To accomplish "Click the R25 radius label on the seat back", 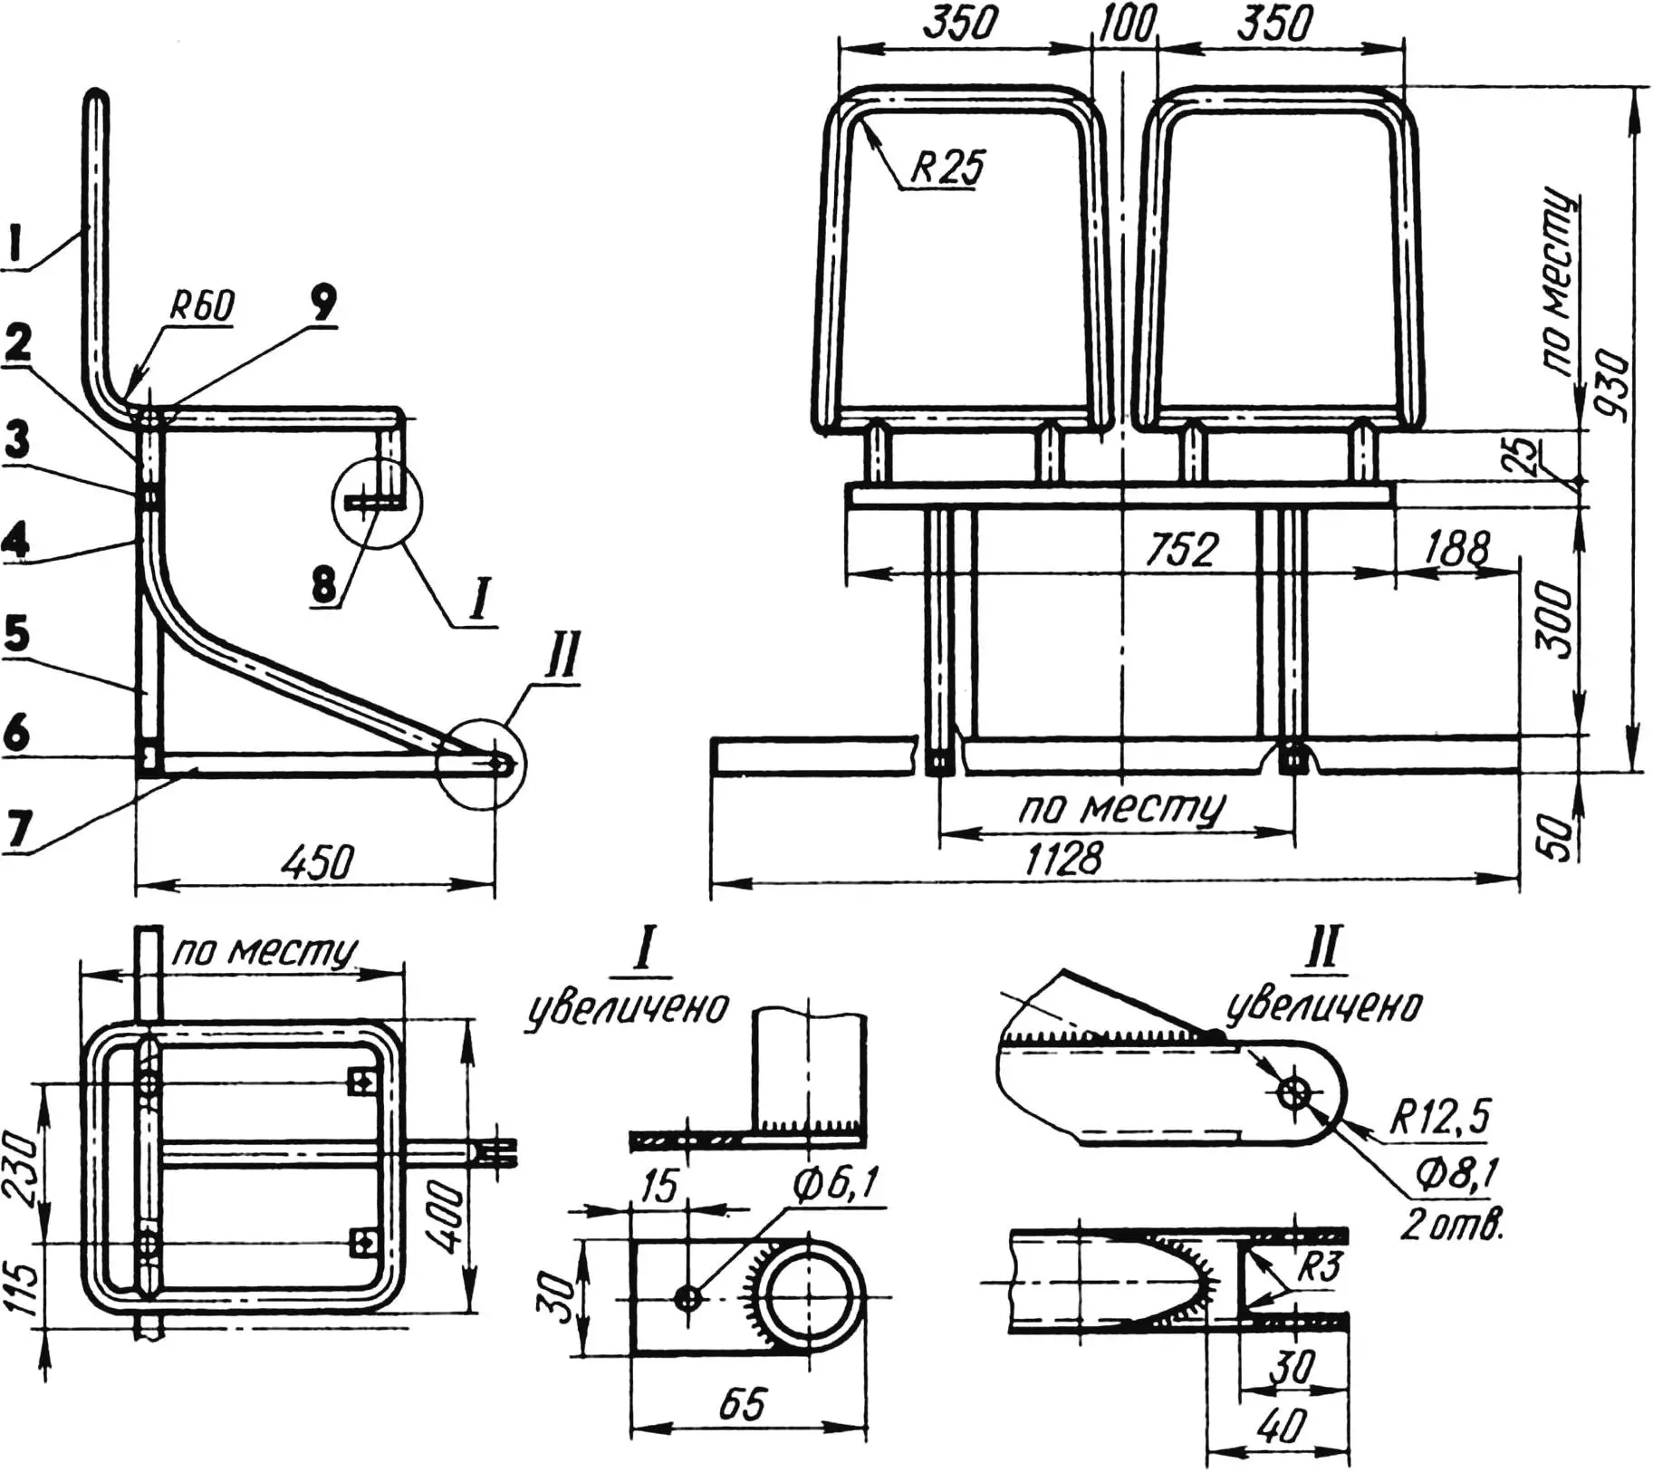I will [947, 168].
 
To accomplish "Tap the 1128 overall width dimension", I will [1063, 857].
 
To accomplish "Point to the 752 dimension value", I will [1182, 550].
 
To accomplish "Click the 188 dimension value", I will [1456, 549].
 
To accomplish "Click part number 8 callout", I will [323, 585].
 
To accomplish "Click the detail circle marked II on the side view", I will [480, 763].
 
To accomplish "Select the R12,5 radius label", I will [1440, 1117].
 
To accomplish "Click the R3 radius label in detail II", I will [1317, 1267].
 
